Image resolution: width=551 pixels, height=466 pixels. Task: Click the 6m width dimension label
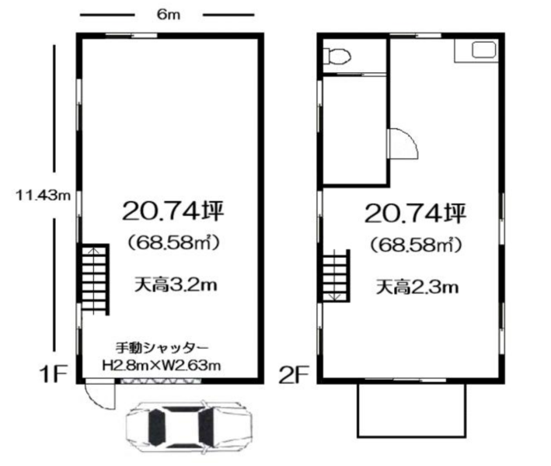tap(169, 15)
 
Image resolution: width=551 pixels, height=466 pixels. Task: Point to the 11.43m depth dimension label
tap(43, 195)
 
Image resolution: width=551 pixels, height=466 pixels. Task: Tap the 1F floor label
tap(53, 374)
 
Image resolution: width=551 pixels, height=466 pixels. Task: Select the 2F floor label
tap(294, 374)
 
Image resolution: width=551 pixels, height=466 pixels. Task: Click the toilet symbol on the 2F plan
tap(337, 56)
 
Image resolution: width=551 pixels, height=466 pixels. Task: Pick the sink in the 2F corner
tap(484, 50)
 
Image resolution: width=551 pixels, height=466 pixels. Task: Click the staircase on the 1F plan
tap(95, 280)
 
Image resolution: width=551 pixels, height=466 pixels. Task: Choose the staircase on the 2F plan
tap(336, 276)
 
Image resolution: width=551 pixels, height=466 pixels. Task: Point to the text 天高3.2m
tap(176, 285)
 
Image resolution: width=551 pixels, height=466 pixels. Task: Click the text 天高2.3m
tap(417, 287)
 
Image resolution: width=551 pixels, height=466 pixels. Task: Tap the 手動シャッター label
tap(162, 348)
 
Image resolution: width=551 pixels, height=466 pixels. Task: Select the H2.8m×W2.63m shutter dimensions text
tap(162, 366)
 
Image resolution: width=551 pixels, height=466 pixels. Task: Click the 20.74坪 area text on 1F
tap(173, 210)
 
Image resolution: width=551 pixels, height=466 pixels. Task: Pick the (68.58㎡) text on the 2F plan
tap(416, 245)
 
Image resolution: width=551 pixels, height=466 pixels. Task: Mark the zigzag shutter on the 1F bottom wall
tap(161, 381)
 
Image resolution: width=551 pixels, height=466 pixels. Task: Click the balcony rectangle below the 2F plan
tap(411, 410)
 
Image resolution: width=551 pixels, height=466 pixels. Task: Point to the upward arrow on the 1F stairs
tap(93, 280)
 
